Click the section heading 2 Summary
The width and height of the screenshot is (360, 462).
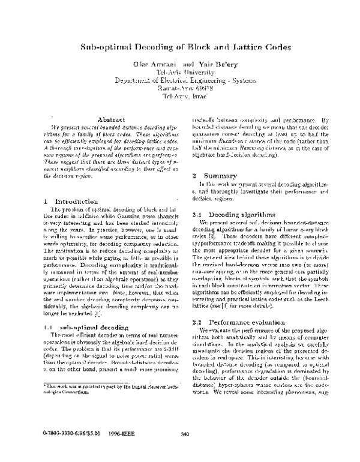click(215, 175)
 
